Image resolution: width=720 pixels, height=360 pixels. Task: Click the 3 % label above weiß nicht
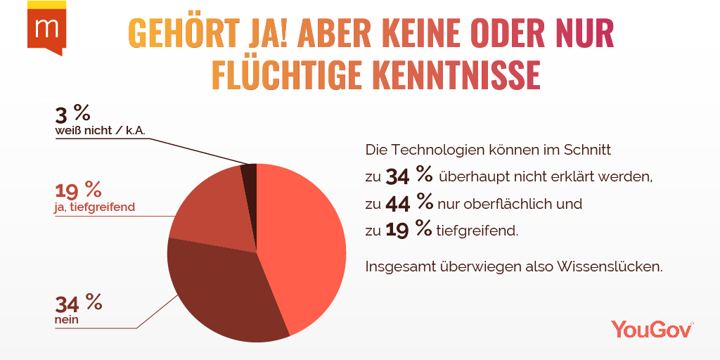tap(72, 113)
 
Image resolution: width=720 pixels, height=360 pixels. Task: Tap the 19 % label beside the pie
tap(78, 190)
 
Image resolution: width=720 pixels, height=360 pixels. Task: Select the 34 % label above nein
tap(78, 303)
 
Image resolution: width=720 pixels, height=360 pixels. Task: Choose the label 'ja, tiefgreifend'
tap(95, 207)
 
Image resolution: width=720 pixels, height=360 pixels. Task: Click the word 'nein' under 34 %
tap(67, 320)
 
